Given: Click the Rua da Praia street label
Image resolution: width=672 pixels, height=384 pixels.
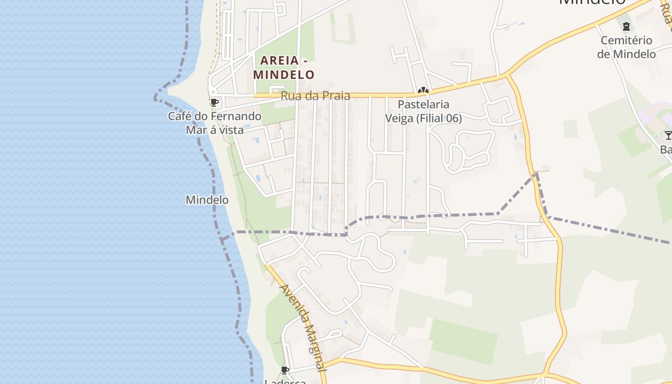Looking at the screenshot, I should point(315,96).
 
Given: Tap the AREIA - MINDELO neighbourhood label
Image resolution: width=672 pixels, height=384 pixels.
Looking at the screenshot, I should point(284,68).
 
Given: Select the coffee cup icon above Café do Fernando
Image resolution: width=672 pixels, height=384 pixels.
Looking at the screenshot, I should point(214,102).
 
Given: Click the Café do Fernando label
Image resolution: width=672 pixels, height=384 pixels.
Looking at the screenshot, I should point(215,116).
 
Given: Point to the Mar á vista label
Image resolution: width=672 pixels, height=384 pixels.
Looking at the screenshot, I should point(215,130).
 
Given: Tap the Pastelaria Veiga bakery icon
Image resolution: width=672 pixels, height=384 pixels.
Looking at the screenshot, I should point(423,90).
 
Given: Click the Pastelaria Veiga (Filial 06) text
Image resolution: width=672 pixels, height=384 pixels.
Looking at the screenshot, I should point(423,111).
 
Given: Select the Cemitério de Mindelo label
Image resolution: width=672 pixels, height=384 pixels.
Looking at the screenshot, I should point(626,47).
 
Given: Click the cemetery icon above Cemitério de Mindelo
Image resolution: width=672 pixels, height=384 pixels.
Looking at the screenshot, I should point(626,26).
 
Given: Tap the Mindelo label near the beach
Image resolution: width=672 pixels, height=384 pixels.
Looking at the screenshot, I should point(207,200).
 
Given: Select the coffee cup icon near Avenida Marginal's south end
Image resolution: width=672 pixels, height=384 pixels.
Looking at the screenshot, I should point(285,370).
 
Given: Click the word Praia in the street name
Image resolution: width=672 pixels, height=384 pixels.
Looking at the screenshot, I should point(336,96).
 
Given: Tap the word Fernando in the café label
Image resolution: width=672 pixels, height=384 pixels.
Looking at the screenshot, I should point(238,116).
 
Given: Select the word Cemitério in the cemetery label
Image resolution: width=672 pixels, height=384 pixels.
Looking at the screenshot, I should point(626,40).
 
